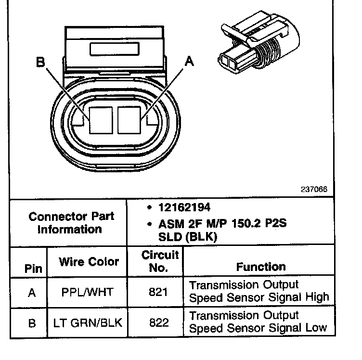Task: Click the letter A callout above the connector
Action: [x=190, y=61]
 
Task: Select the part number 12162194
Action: [x=184, y=208]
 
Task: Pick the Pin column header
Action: [x=33, y=269]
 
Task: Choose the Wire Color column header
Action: [x=89, y=262]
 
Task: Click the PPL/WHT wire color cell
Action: [x=89, y=292]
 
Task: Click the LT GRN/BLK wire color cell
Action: [x=89, y=322]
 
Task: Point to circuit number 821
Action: [x=158, y=292]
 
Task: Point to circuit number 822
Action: [x=158, y=322]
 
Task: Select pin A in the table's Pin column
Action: [x=32, y=292]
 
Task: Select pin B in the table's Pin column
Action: [x=32, y=322]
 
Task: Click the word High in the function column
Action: [x=317, y=297]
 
